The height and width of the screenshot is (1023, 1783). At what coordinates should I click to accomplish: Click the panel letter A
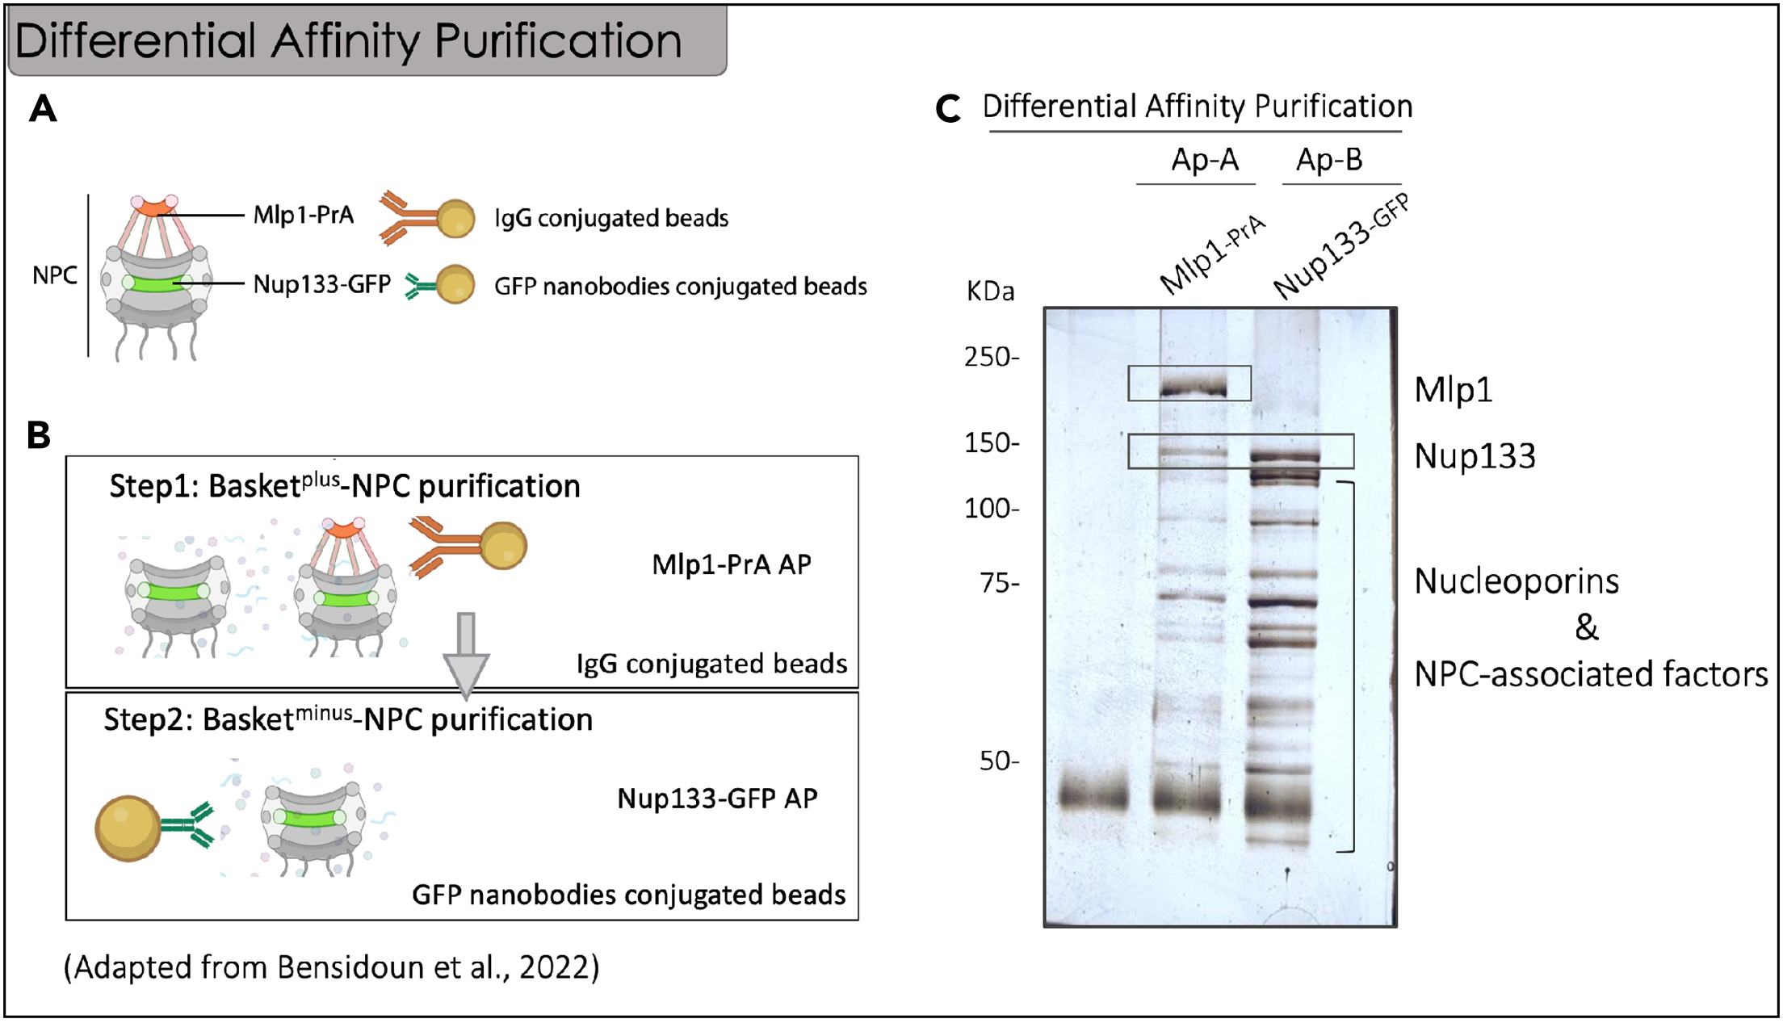[43, 109]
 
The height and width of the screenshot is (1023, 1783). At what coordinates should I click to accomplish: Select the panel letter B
[38, 435]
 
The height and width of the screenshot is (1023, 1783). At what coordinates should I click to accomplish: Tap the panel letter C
[948, 109]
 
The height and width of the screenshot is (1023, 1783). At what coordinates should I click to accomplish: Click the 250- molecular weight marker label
[992, 357]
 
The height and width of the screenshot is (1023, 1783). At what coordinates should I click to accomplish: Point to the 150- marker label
[992, 442]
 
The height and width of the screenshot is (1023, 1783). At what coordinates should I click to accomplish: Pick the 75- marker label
[1000, 582]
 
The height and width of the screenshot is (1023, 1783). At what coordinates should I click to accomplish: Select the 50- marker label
[999, 761]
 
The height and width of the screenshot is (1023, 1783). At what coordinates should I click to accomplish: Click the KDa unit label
[990, 291]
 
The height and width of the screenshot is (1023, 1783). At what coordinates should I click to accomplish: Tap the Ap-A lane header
[1204, 160]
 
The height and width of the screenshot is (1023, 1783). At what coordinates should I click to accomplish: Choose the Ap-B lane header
[1329, 160]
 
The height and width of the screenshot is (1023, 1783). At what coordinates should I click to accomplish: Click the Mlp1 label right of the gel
[1453, 390]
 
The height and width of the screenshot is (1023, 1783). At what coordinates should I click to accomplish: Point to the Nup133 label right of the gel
[1475, 456]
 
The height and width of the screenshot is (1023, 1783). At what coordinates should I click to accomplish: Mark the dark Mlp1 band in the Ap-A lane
[1193, 391]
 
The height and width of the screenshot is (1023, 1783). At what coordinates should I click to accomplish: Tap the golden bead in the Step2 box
[128, 828]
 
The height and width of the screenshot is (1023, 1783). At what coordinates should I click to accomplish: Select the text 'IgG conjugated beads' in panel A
[611, 218]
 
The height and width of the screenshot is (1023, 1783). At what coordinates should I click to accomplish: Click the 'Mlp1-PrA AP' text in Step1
[731, 564]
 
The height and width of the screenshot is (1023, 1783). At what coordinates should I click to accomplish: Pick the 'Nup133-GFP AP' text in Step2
[717, 799]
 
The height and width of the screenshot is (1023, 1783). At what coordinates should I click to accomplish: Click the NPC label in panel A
[55, 275]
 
